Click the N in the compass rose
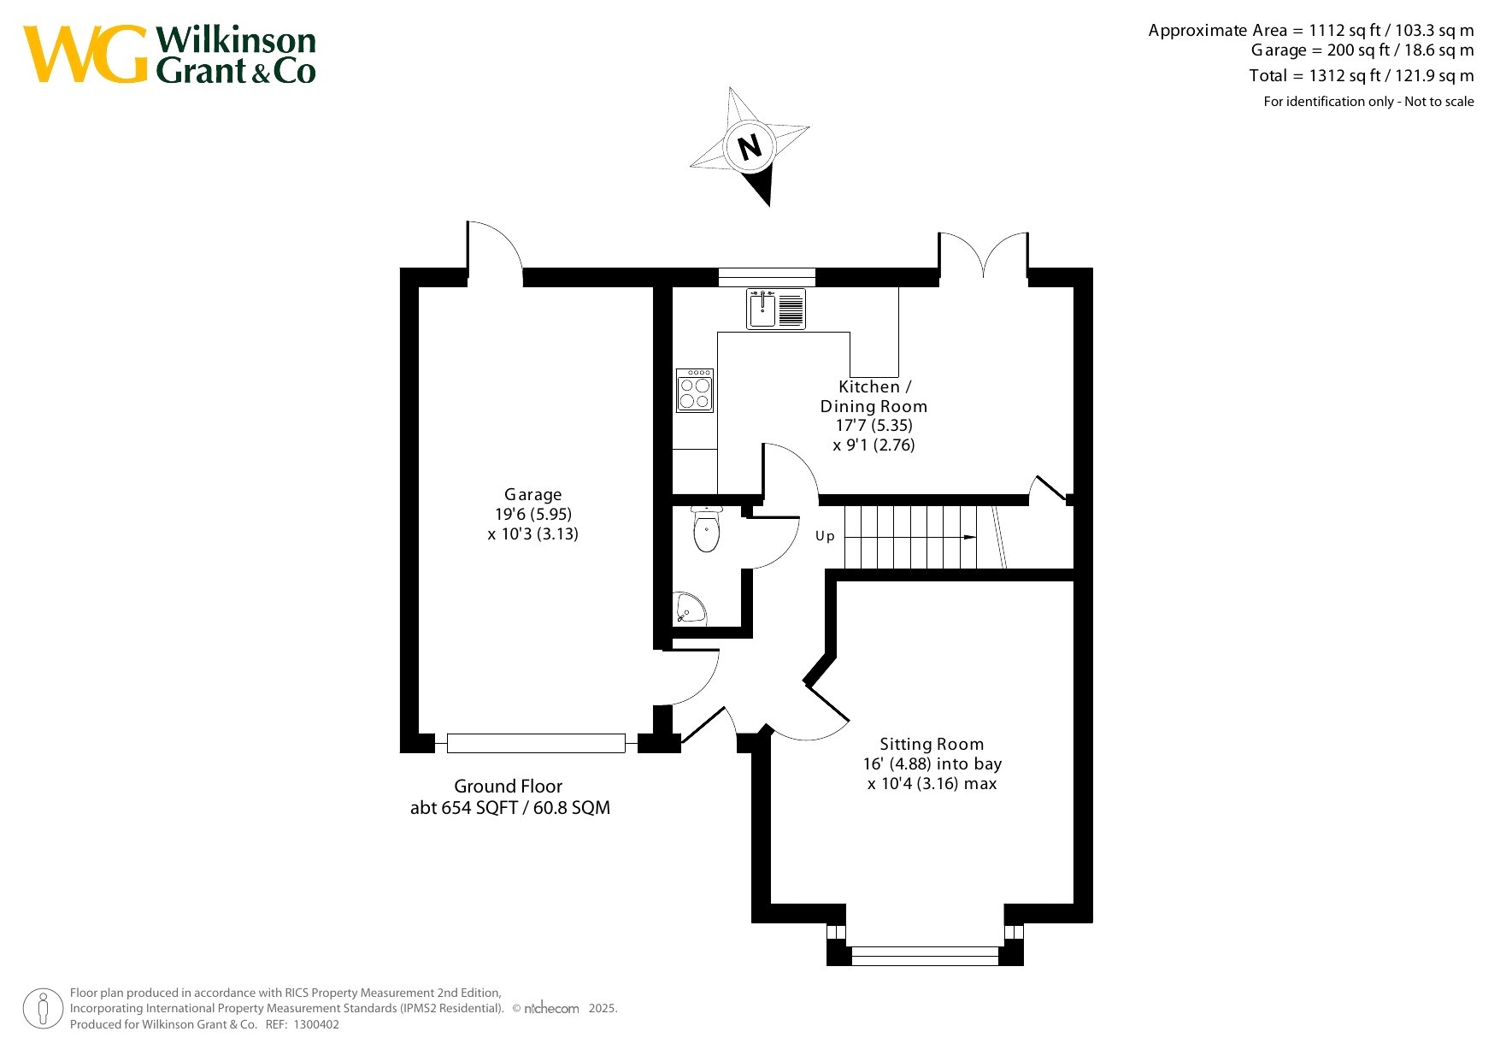(x=750, y=147)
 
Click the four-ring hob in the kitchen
(x=695, y=391)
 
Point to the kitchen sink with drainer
(x=776, y=309)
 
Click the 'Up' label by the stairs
(x=825, y=536)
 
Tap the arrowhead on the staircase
(x=970, y=537)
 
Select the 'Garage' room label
(x=533, y=494)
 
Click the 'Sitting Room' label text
(x=932, y=744)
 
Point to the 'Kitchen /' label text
(x=874, y=386)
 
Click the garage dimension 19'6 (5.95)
(x=533, y=514)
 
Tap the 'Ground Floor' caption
(x=509, y=786)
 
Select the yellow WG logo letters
(x=85, y=54)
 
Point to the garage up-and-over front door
(x=536, y=743)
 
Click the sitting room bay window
(x=926, y=955)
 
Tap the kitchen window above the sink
(x=767, y=276)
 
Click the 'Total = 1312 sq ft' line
(x=1361, y=76)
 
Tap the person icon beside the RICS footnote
(x=43, y=1009)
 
